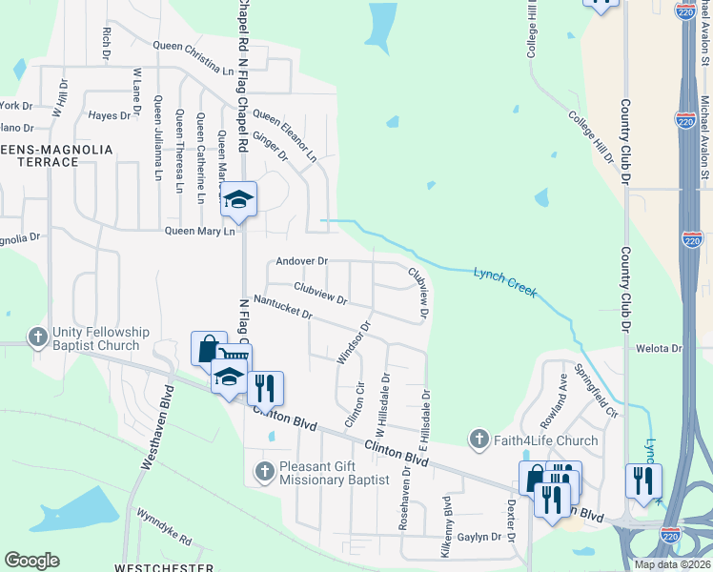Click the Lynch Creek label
point(505,280)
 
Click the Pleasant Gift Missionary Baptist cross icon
point(266,468)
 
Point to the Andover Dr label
point(301,260)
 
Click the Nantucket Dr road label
point(283,312)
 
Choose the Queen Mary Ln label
point(199,231)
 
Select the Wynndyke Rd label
point(164,525)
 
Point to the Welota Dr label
point(664,349)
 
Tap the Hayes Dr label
point(109,115)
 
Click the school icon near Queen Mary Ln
point(238,199)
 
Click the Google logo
point(32,561)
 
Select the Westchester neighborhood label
point(150,567)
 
